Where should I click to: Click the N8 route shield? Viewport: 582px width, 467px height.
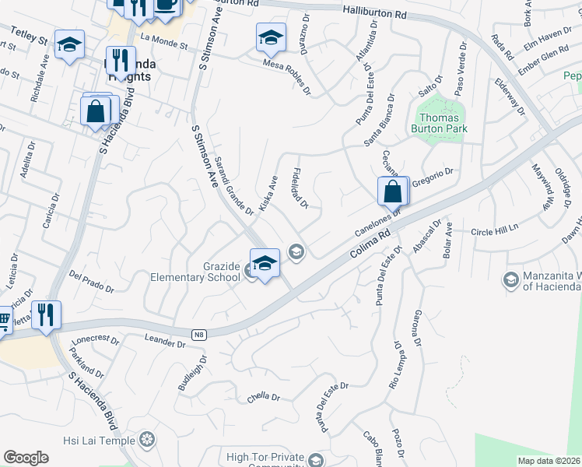point(200,335)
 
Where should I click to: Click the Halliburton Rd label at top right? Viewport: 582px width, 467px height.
point(374,12)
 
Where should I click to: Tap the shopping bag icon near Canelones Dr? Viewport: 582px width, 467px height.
point(393,191)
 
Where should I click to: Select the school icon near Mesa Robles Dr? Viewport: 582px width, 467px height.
point(270,37)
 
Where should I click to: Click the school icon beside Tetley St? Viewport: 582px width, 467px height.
point(69,45)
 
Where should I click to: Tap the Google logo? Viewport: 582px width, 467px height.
point(26,458)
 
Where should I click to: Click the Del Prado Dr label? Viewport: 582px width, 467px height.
point(91,282)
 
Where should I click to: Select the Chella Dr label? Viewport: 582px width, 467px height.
point(263,397)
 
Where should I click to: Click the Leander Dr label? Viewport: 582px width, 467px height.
point(165,339)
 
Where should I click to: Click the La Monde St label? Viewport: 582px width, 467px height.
point(164,40)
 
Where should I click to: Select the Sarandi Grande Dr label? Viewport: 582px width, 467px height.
point(233,188)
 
